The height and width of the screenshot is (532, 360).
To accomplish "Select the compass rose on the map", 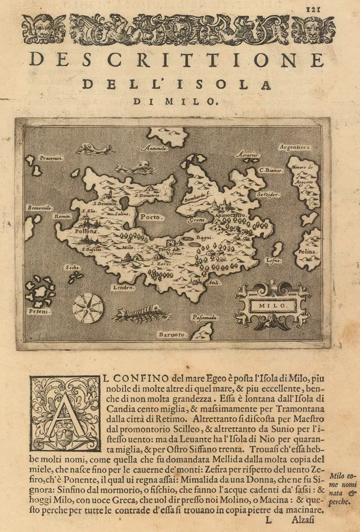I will [x=88, y=308].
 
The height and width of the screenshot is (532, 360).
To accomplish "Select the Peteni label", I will [x=38, y=312].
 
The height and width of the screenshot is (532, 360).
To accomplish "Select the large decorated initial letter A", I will [x=65, y=413].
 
